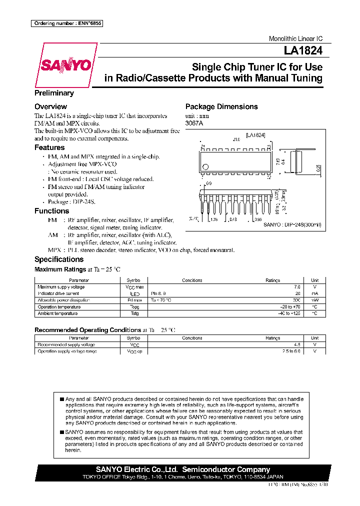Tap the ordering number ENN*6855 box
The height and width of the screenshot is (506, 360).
pyautogui.click(x=66, y=23)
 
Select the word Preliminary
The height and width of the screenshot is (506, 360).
pyautogui.click(x=54, y=93)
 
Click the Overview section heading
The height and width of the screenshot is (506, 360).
pyautogui.click(x=50, y=106)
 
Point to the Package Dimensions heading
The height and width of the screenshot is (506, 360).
pyautogui.click(x=221, y=106)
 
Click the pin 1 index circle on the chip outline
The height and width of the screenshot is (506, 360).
pyautogui.click(x=204, y=167)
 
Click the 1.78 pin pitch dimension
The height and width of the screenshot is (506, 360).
pyautogui.click(x=214, y=219)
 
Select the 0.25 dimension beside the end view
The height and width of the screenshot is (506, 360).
pyautogui.click(x=318, y=168)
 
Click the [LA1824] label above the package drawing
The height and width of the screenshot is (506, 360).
pyautogui.click(x=255, y=135)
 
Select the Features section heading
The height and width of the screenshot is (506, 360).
pyautogui.click(x=49, y=147)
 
